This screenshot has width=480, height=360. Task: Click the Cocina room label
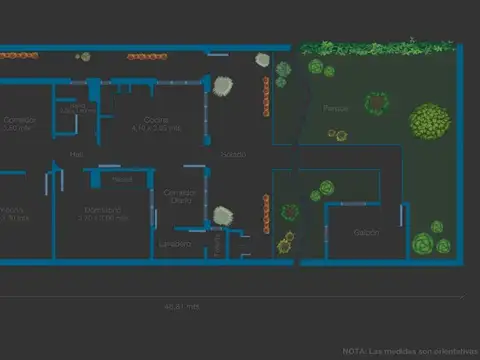point(155,120)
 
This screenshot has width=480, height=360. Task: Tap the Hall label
point(77,154)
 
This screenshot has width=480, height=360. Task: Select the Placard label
point(122,179)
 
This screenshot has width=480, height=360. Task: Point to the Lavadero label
point(173,243)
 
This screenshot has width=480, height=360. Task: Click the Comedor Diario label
point(180,196)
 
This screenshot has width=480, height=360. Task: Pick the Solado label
point(233,154)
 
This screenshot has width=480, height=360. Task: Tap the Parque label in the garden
point(336,107)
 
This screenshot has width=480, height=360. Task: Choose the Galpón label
point(366,232)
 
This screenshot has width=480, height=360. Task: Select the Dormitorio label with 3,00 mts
point(103,213)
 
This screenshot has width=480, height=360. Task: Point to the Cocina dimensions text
point(155,128)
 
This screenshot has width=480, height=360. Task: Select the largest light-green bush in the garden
point(429,121)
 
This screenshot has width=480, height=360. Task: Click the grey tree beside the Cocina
point(222,87)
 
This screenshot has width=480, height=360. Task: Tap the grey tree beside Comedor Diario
point(222,215)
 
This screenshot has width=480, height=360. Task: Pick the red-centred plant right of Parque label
point(376,103)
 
